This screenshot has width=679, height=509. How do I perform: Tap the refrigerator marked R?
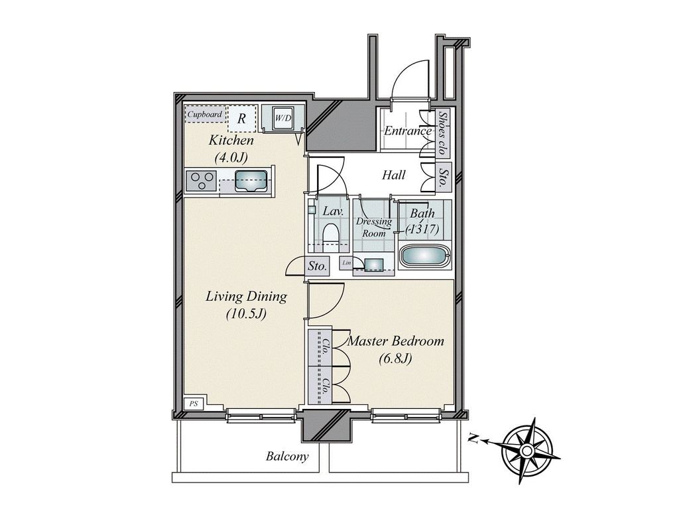point(242,118)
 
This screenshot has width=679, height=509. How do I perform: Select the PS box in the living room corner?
point(194,404)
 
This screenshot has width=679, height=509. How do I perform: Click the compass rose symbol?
point(526,451)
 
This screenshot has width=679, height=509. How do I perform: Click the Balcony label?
point(287,456)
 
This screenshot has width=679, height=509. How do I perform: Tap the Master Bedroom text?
point(396,341)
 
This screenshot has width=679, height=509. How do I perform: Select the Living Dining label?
point(246,297)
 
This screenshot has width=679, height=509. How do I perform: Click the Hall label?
point(394,175)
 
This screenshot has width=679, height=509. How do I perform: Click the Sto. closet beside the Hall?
point(444,177)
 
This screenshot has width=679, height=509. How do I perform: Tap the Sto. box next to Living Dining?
point(318,266)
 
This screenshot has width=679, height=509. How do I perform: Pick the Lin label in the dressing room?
point(346,262)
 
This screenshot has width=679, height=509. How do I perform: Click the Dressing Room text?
point(374,227)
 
